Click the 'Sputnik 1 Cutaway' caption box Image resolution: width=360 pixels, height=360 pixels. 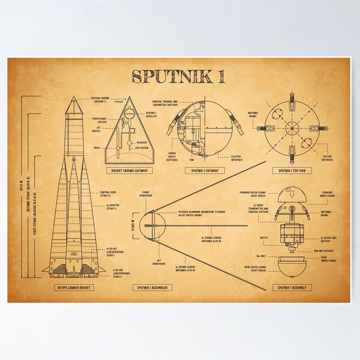[x=205, y=170]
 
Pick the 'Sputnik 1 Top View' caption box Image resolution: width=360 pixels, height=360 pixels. [x=292, y=170]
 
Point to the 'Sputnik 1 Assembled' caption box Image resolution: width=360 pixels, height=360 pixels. [x=152, y=287]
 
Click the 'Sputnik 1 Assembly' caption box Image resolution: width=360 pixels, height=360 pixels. [x=291, y=287]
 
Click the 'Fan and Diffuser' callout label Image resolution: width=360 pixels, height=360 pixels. [x=322, y=250]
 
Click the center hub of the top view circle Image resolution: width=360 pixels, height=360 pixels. [x=292, y=127]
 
